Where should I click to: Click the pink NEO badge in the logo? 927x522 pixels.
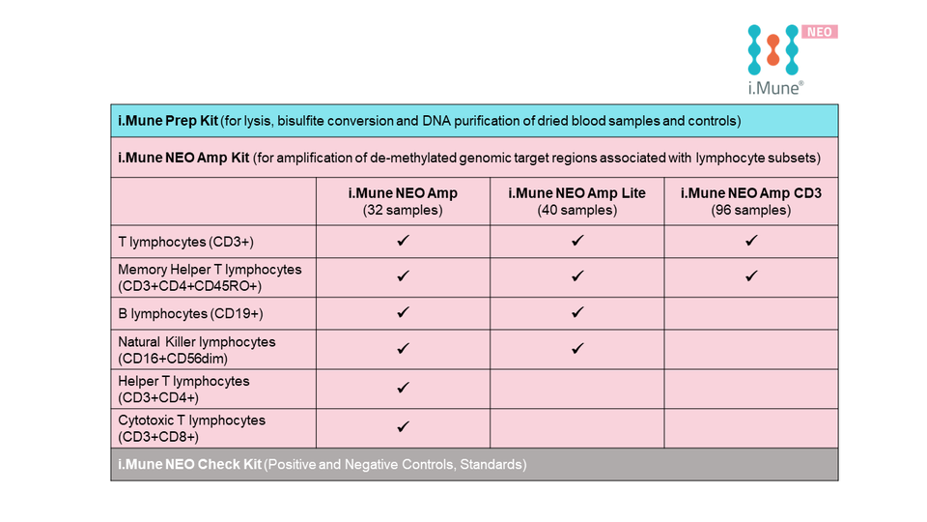tap(820, 32)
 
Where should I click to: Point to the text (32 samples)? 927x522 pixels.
tap(403, 210)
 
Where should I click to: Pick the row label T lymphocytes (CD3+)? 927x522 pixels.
tap(184, 242)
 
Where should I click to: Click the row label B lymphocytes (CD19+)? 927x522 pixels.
tap(190, 313)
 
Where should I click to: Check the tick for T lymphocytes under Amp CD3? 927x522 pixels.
tap(750, 241)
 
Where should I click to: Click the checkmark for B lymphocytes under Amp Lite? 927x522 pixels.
tap(577, 312)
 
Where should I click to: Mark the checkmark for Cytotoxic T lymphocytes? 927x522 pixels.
tap(404, 426)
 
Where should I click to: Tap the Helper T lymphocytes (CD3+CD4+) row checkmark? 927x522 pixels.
tap(404, 387)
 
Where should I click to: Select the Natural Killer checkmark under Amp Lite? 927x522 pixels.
tap(577, 348)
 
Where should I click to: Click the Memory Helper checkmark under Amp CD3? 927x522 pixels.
tap(750, 276)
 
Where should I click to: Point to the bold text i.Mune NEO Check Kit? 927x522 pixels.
tap(188, 465)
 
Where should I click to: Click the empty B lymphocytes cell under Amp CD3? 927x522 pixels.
tap(750, 313)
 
